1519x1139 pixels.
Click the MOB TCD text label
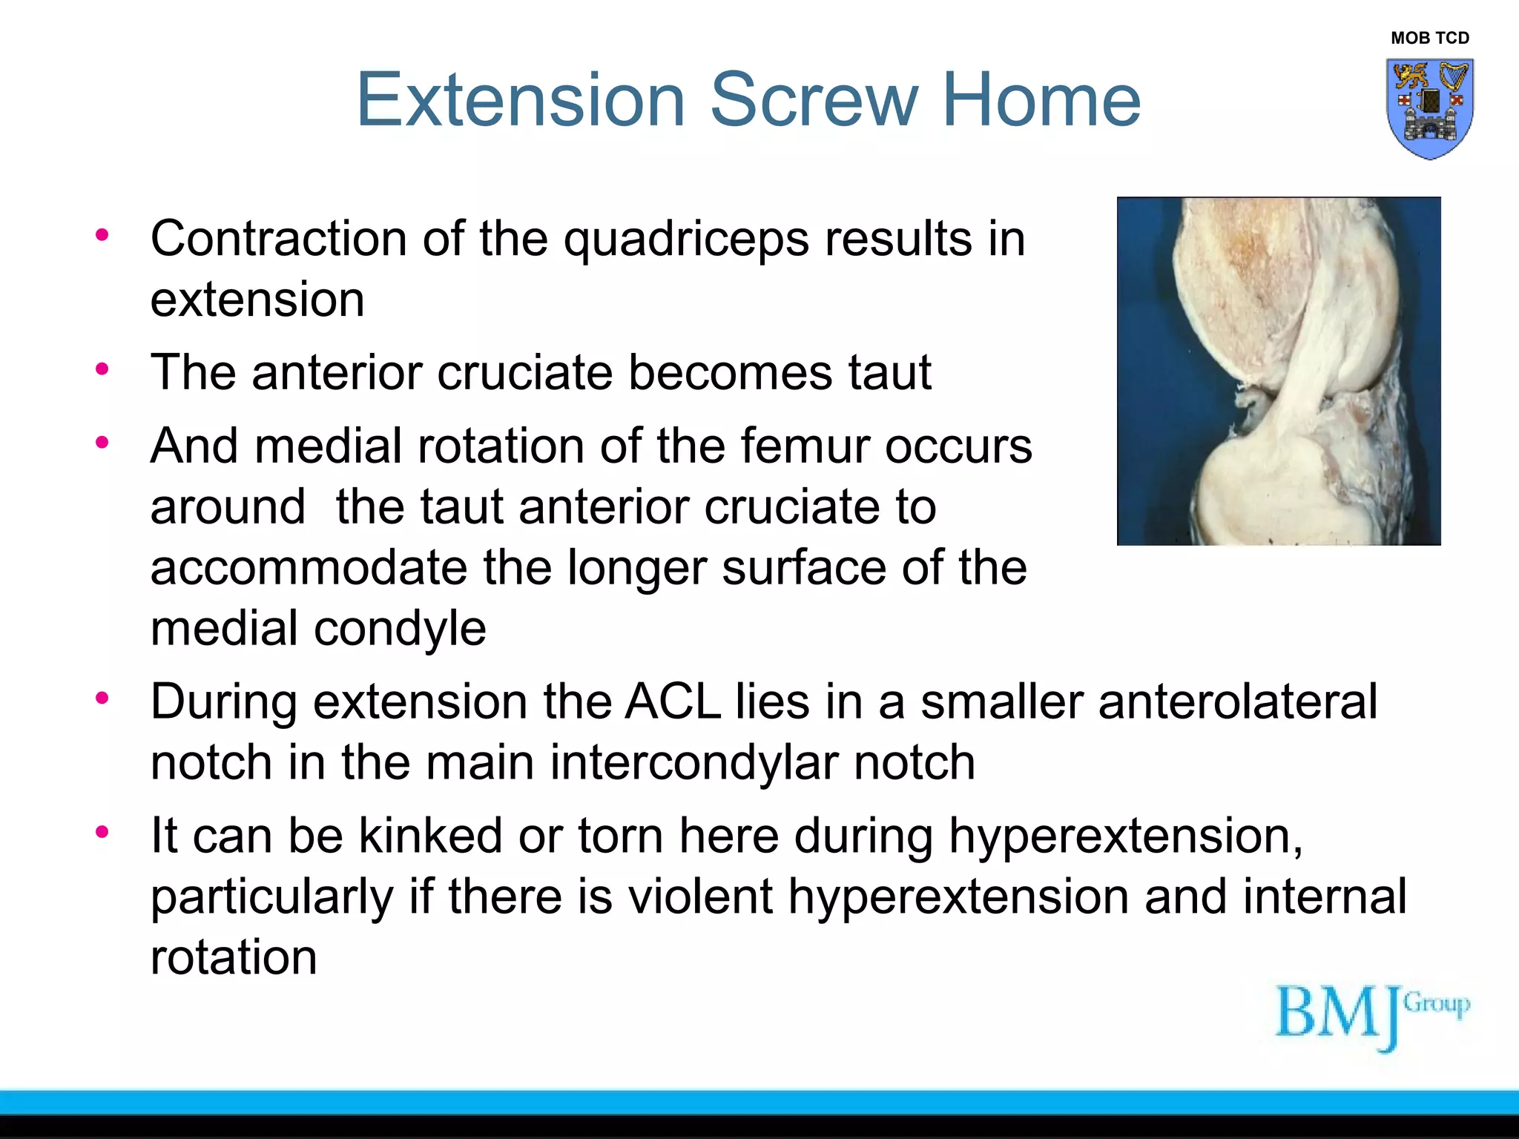[1429, 38]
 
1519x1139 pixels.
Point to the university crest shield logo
[1429, 108]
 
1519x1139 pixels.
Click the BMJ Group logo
[1371, 1014]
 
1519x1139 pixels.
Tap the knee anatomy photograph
[1278, 371]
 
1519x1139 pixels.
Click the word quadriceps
[686, 241]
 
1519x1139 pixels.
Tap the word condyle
[400, 629]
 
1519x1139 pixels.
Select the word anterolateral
[1237, 701]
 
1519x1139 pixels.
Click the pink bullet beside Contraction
[102, 236]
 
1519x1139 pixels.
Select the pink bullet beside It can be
[102, 832]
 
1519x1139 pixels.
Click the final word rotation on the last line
[234, 957]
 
